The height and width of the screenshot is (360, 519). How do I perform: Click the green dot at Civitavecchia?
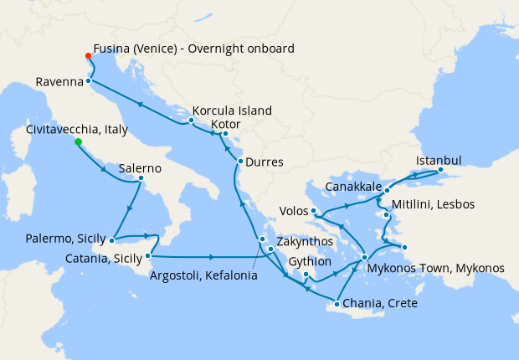point(78,142)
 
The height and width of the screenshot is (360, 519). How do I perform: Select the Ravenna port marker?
point(88,81)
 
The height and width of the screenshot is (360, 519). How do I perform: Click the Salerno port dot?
point(141,177)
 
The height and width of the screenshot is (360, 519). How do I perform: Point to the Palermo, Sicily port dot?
point(111,240)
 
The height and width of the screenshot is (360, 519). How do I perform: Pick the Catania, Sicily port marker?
point(148,255)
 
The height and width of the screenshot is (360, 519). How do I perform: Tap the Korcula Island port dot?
point(192,121)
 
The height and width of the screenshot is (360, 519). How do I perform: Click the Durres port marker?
point(240,162)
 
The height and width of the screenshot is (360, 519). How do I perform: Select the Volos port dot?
point(313,210)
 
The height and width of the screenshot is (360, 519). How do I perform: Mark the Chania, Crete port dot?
point(336,302)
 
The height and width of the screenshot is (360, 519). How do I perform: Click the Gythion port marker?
point(306,275)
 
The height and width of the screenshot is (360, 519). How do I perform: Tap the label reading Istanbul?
point(439,161)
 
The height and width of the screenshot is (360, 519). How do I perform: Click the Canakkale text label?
point(352,185)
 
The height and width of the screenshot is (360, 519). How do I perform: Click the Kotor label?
point(225,124)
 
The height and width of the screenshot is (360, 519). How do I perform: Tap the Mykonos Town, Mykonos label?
point(436,268)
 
